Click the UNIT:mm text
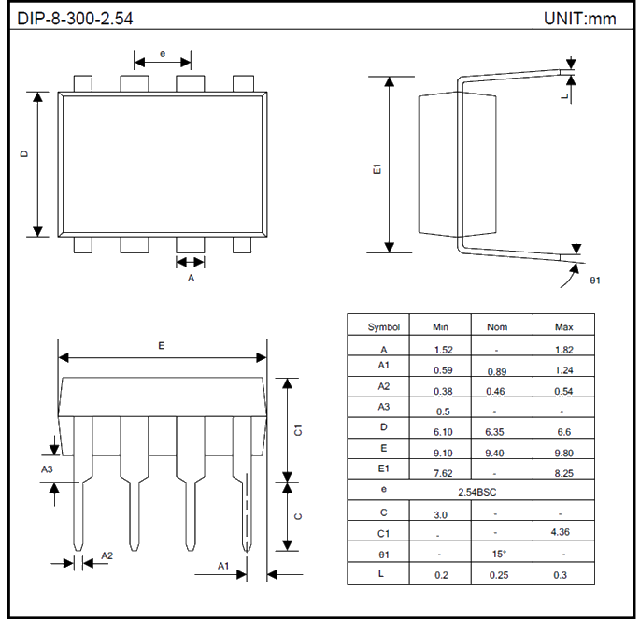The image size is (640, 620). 579,19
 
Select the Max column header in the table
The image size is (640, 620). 562,326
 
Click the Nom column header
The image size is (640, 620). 497,326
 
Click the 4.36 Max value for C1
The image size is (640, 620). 562,533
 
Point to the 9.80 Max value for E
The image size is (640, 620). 562,454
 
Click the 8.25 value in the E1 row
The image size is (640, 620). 562,474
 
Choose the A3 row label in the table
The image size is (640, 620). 383,407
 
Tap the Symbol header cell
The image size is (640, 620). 383,326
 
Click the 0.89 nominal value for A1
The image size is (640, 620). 496,371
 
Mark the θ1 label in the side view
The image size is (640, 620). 594,280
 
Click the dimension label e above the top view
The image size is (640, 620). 163,53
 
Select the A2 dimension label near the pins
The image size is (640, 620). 107,555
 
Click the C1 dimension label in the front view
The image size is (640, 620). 298,430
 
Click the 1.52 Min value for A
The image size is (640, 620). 443,349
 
